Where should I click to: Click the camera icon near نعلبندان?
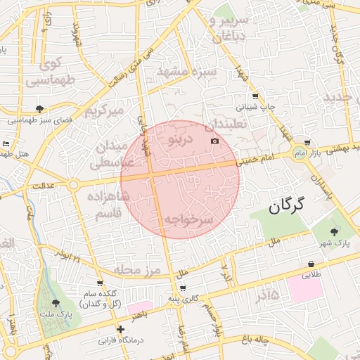pos(214,141)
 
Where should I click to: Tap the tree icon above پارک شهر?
pos(333,230)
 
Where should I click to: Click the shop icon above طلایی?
pos(311,264)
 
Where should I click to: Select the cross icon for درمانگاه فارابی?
pos(121,329)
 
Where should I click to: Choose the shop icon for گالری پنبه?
pos(184,288)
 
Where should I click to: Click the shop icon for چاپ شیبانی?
pos(255,96)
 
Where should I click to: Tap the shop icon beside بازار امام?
pos(307,141)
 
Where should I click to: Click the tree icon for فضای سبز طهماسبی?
pos(39,109)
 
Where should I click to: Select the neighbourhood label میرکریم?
pos(104,111)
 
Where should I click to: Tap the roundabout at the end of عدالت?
pos(73,185)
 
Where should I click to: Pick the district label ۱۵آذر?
pos(263,295)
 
